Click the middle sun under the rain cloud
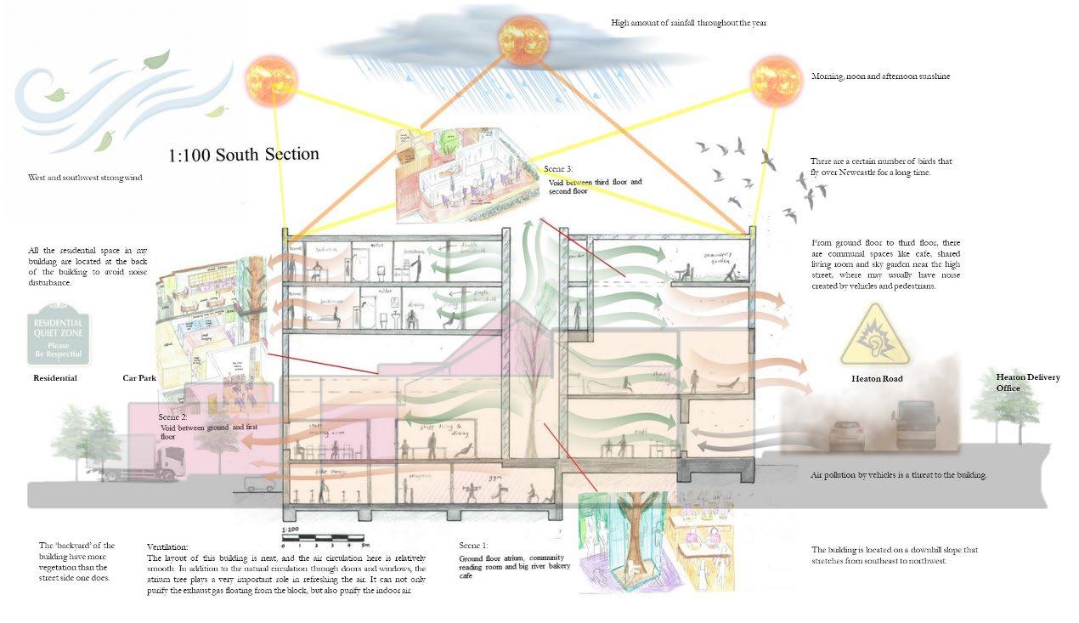point(523,39)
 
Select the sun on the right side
point(776,81)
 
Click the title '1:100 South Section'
point(244,155)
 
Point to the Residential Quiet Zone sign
point(58,338)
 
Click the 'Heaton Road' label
point(877,378)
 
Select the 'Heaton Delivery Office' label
point(1027,382)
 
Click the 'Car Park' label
point(139,378)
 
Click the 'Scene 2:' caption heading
point(172,417)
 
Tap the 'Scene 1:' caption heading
point(474,545)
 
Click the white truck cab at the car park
point(161,460)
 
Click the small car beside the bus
point(846,434)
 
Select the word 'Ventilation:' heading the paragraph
point(167,547)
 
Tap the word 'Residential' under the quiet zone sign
point(55,378)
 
